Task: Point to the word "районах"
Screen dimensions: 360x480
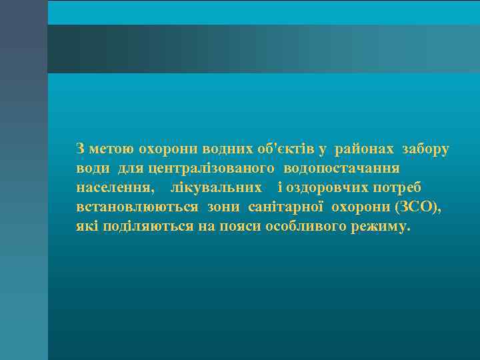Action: [365, 149]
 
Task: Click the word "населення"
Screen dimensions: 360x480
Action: [115, 187]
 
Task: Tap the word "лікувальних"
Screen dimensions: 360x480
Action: [216, 187]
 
